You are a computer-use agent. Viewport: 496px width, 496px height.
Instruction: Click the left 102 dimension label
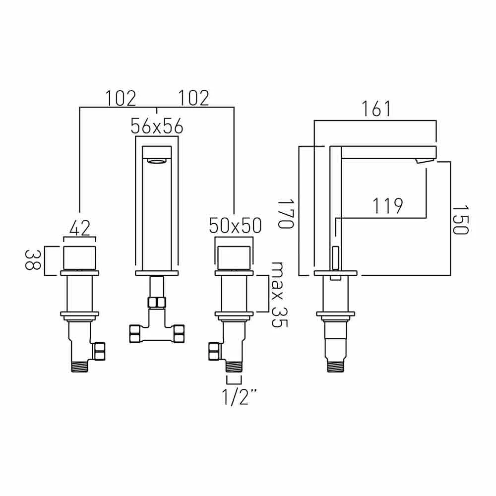click(121, 98)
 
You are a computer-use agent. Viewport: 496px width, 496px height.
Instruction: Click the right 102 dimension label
click(194, 98)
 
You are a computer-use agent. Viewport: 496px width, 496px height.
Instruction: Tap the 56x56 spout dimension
click(157, 126)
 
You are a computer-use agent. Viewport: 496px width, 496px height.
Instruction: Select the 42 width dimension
click(80, 228)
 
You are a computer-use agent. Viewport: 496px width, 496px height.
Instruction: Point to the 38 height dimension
click(33, 260)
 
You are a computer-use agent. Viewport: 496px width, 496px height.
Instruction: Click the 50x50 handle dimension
click(235, 226)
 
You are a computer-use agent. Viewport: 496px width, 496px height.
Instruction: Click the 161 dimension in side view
click(376, 109)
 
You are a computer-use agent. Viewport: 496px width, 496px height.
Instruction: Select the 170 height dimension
click(286, 213)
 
